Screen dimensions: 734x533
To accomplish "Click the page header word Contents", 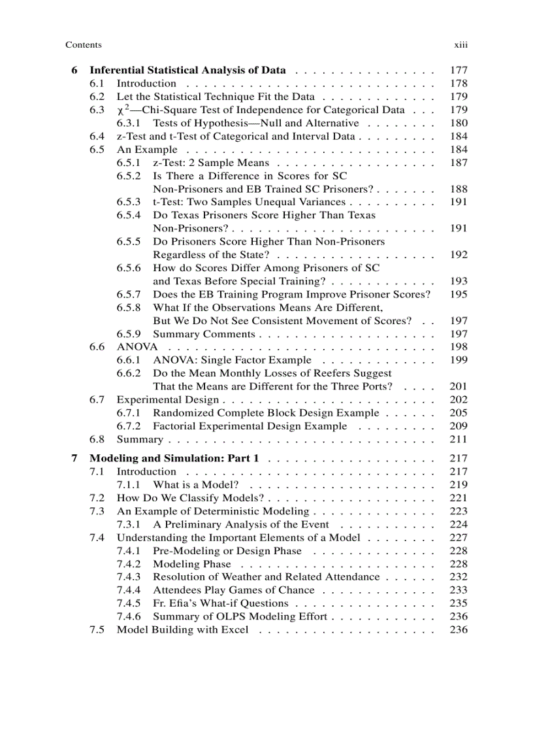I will tap(84, 45).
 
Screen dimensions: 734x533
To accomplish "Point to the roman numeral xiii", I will tap(461, 45).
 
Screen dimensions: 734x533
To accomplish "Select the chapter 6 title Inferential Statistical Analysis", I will tap(187, 70).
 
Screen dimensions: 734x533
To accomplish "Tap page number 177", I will tap(459, 70).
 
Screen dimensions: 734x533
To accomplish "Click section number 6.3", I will tap(97, 110).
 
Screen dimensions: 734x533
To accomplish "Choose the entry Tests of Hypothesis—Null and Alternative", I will tap(256, 123).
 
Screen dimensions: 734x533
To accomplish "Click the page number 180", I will tap(459, 123).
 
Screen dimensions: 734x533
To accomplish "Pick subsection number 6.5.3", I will tap(129, 202).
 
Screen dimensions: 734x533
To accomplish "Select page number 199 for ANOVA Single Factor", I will tap(459, 360).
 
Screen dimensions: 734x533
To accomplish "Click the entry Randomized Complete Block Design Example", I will tap(266, 413).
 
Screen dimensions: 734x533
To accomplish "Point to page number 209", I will tap(459, 426).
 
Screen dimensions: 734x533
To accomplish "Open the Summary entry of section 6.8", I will tap(140, 439).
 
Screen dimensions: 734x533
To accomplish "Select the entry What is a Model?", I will tap(195, 485).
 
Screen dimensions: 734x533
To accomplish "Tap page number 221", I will tap(459, 498).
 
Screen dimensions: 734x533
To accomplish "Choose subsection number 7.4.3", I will tap(129, 577).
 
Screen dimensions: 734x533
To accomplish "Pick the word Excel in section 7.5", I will tap(236, 630).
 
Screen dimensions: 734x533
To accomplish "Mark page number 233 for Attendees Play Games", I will tap(459, 590).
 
